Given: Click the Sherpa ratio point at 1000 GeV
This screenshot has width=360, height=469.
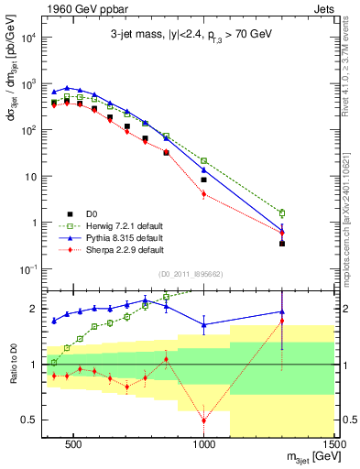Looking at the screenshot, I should tap(204, 420).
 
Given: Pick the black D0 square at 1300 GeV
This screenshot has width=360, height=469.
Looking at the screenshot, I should tap(282, 244).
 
